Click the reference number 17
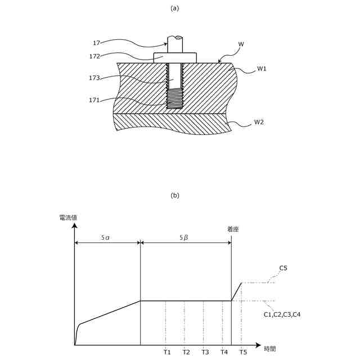[x=96, y=42]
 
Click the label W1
[x=262, y=69]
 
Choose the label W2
[x=259, y=121]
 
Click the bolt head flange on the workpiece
[x=175, y=57]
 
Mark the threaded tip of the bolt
[x=175, y=99]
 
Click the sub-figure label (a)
[x=174, y=8]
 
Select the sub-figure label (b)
[x=174, y=196]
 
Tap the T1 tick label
[x=167, y=352]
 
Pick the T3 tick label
[x=205, y=352]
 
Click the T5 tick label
[x=242, y=352]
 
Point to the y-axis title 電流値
[x=69, y=218]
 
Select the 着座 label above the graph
[x=233, y=229]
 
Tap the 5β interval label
[x=184, y=238]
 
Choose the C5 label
[x=283, y=268]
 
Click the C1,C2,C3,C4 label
[x=282, y=314]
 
